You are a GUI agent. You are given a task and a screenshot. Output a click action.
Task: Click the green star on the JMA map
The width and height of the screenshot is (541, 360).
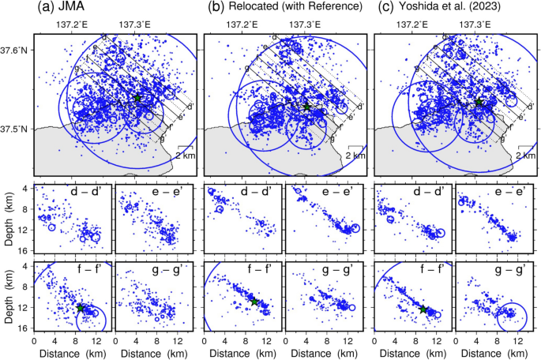pos(137,98)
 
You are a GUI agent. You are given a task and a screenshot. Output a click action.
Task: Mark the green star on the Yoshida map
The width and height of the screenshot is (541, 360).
pos(478,103)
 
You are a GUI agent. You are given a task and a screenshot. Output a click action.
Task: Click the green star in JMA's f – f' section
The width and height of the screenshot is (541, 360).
pos(81,309)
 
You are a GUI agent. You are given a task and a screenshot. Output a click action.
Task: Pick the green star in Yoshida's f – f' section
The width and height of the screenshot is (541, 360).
pos(423,310)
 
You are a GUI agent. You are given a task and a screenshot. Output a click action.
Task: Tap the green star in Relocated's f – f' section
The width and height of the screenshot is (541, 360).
pos(254,302)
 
